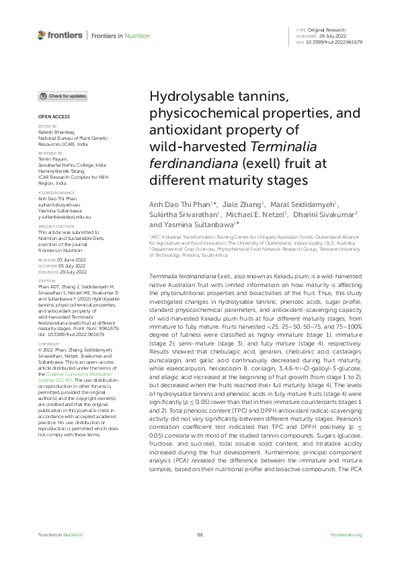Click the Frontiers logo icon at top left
42,34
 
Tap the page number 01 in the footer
200,535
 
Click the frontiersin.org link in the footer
347,535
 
